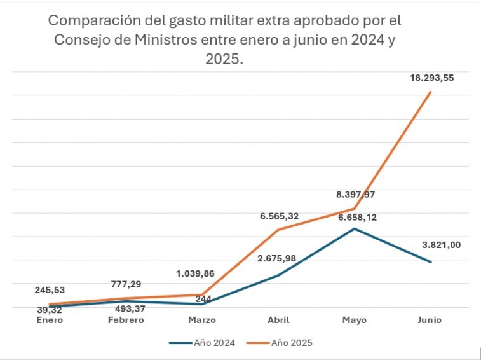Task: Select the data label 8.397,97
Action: tap(360, 195)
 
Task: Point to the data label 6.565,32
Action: tap(278, 216)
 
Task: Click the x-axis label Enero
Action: tap(50, 320)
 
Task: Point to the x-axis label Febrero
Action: tap(126, 320)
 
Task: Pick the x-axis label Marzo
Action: tap(202, 320)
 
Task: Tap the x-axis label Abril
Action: tap(278, 320)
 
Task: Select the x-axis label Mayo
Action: tap(355, 320)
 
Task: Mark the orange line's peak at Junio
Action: tap(431, 92)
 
